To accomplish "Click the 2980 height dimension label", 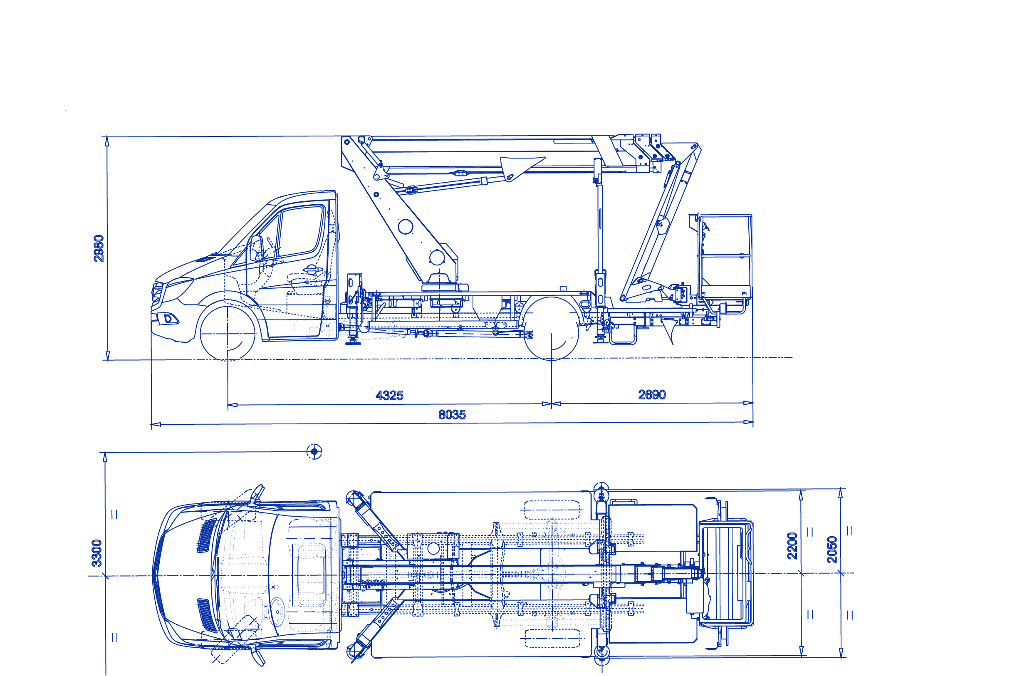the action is click(99, 248).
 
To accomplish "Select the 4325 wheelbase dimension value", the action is click(389, 396).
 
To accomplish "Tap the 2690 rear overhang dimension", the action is click(652, 395).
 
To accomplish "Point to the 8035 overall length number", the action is click(452, 414).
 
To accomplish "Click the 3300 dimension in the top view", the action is click(97, 553).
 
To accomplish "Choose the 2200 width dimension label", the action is click(792, 545).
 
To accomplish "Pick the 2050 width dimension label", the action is click(832, 550).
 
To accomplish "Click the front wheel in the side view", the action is click(228, 333).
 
